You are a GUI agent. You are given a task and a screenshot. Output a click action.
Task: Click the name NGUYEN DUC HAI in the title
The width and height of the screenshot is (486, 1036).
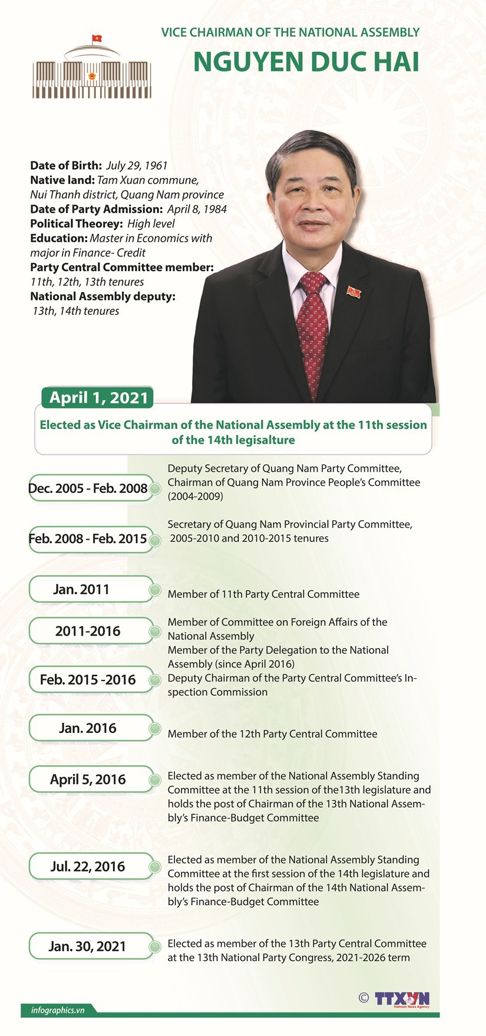(x=306, y=62)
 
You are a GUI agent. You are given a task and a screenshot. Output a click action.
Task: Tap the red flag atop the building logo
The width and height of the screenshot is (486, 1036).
(x=97, y=38)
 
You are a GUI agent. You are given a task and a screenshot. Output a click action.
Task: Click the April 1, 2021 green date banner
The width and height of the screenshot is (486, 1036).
(x=98, y=397)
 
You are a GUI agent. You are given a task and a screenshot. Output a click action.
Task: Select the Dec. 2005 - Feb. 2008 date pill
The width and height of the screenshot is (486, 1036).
(x=88, y=488)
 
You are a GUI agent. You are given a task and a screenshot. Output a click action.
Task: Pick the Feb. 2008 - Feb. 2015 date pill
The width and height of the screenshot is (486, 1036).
(x=88, y=538)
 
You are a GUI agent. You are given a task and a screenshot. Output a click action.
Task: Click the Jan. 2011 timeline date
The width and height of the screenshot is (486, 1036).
(x=82, y=589)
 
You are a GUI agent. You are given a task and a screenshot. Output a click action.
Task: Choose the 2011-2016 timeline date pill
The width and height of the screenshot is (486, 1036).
(x=88, y=631)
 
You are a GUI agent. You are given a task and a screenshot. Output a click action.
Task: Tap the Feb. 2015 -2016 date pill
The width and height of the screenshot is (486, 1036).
(x=88, y=679)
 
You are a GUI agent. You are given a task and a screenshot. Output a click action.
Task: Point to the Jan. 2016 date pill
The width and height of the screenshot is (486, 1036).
(x=88, y=728)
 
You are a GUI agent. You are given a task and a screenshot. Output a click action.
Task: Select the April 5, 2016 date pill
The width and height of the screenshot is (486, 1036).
(x=88, y=780)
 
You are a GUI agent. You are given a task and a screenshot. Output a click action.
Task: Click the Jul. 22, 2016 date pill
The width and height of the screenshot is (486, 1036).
(x=88, y=866)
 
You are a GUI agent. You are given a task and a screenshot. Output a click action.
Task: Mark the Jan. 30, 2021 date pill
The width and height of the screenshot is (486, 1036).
(x=88, y=946)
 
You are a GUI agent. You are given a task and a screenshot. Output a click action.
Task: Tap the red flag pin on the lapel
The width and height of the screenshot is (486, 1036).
(x=353, y=291)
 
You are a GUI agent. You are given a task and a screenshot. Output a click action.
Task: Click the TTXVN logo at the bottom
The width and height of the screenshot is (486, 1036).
(x=402, y=999)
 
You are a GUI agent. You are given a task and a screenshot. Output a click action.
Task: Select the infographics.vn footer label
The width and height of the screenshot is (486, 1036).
(x=58, y=1010)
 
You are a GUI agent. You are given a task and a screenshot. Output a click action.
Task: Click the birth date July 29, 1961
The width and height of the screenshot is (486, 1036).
(x=137, y=166)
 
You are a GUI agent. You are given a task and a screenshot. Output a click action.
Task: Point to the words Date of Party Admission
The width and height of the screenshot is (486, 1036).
(x=96, y=209)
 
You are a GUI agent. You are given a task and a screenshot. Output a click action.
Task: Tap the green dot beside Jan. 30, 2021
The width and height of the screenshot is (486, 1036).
(x=156, y=947)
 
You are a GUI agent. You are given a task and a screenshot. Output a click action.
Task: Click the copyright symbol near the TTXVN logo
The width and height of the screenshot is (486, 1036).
(x=363, y=998)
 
